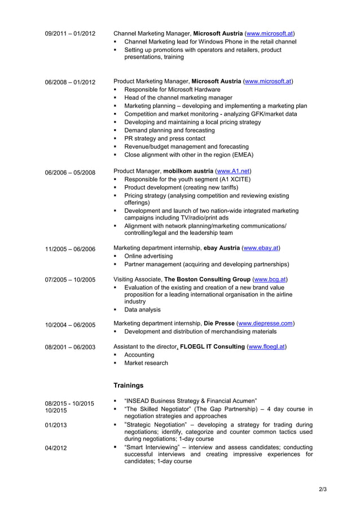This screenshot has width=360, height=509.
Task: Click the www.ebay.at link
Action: click(x=260, y=248)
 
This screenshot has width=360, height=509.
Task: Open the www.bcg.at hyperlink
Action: click(x=270, y=279)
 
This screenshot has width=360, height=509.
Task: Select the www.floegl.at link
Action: click(x=266, y=346)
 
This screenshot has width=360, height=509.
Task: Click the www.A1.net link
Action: click(x=233, y=171)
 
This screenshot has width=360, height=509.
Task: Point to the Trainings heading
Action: click(x=128, y=385)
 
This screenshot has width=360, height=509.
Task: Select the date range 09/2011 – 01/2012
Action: click(x=70, y=34)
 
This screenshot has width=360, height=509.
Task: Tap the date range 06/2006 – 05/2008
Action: click(x=70, y=172)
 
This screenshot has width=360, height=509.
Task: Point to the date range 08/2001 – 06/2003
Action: click(x=70, y=347)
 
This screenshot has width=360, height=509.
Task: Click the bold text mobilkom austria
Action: click(x=188, y=171)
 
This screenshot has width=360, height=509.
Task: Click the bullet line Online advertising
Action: click(x=148, y=256)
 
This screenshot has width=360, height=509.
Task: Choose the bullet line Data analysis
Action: click(x=142, y=310)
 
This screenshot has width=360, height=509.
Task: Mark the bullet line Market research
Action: click(x=146, y=363)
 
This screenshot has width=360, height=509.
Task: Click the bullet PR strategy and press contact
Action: click(x=165, y=138)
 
